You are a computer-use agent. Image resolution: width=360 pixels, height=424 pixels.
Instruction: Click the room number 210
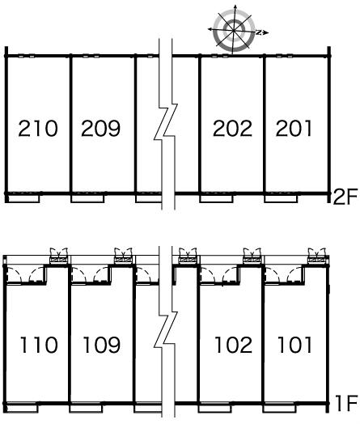38,128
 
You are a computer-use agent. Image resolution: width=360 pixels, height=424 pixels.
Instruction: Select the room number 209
100,128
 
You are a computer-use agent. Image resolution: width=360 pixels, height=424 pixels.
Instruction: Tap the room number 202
232,128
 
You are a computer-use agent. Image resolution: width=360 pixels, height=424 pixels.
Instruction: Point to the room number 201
294,128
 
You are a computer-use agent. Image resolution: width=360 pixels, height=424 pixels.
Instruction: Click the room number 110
39,345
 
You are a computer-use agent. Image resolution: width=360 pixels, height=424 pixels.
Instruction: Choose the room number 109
102,345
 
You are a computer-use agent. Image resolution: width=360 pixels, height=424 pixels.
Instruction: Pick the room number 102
234,345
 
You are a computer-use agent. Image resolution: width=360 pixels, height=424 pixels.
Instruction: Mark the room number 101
294,345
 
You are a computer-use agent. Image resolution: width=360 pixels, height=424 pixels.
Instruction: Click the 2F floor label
345,197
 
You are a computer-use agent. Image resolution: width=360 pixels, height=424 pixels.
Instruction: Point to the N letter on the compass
258,32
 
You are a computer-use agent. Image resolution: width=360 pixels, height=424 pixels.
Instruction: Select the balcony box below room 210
23,199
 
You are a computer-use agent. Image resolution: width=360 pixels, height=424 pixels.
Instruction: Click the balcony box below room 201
281,199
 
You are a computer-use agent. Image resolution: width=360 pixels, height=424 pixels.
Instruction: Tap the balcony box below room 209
87,199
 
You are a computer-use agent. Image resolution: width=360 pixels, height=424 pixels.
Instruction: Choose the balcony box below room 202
216,199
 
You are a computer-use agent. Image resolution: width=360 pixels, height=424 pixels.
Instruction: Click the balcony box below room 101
278,409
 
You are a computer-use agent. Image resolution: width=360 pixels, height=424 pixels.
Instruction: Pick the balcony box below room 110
21,409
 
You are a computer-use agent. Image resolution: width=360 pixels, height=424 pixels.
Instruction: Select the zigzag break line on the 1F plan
165,331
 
